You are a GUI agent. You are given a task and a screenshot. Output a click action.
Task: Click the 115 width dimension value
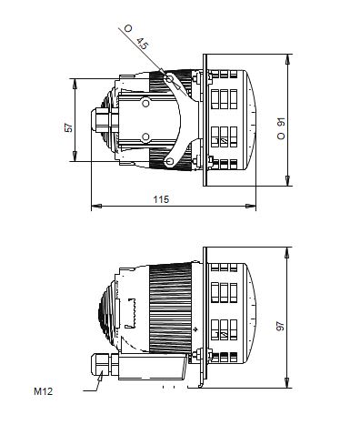pos(160,198)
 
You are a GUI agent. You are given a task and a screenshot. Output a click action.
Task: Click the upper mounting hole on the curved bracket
pos(169,80)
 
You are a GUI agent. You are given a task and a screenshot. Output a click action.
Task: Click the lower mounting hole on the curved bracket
pos(169,162)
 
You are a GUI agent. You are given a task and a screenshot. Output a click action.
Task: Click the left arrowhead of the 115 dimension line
pos(95,207)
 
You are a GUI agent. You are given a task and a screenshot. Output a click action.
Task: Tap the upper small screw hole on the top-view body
pos(145,103)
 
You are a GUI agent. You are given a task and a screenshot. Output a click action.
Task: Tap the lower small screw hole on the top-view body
pos(145,137)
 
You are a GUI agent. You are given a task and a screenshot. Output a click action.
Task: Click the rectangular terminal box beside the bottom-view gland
pos(155,368)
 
